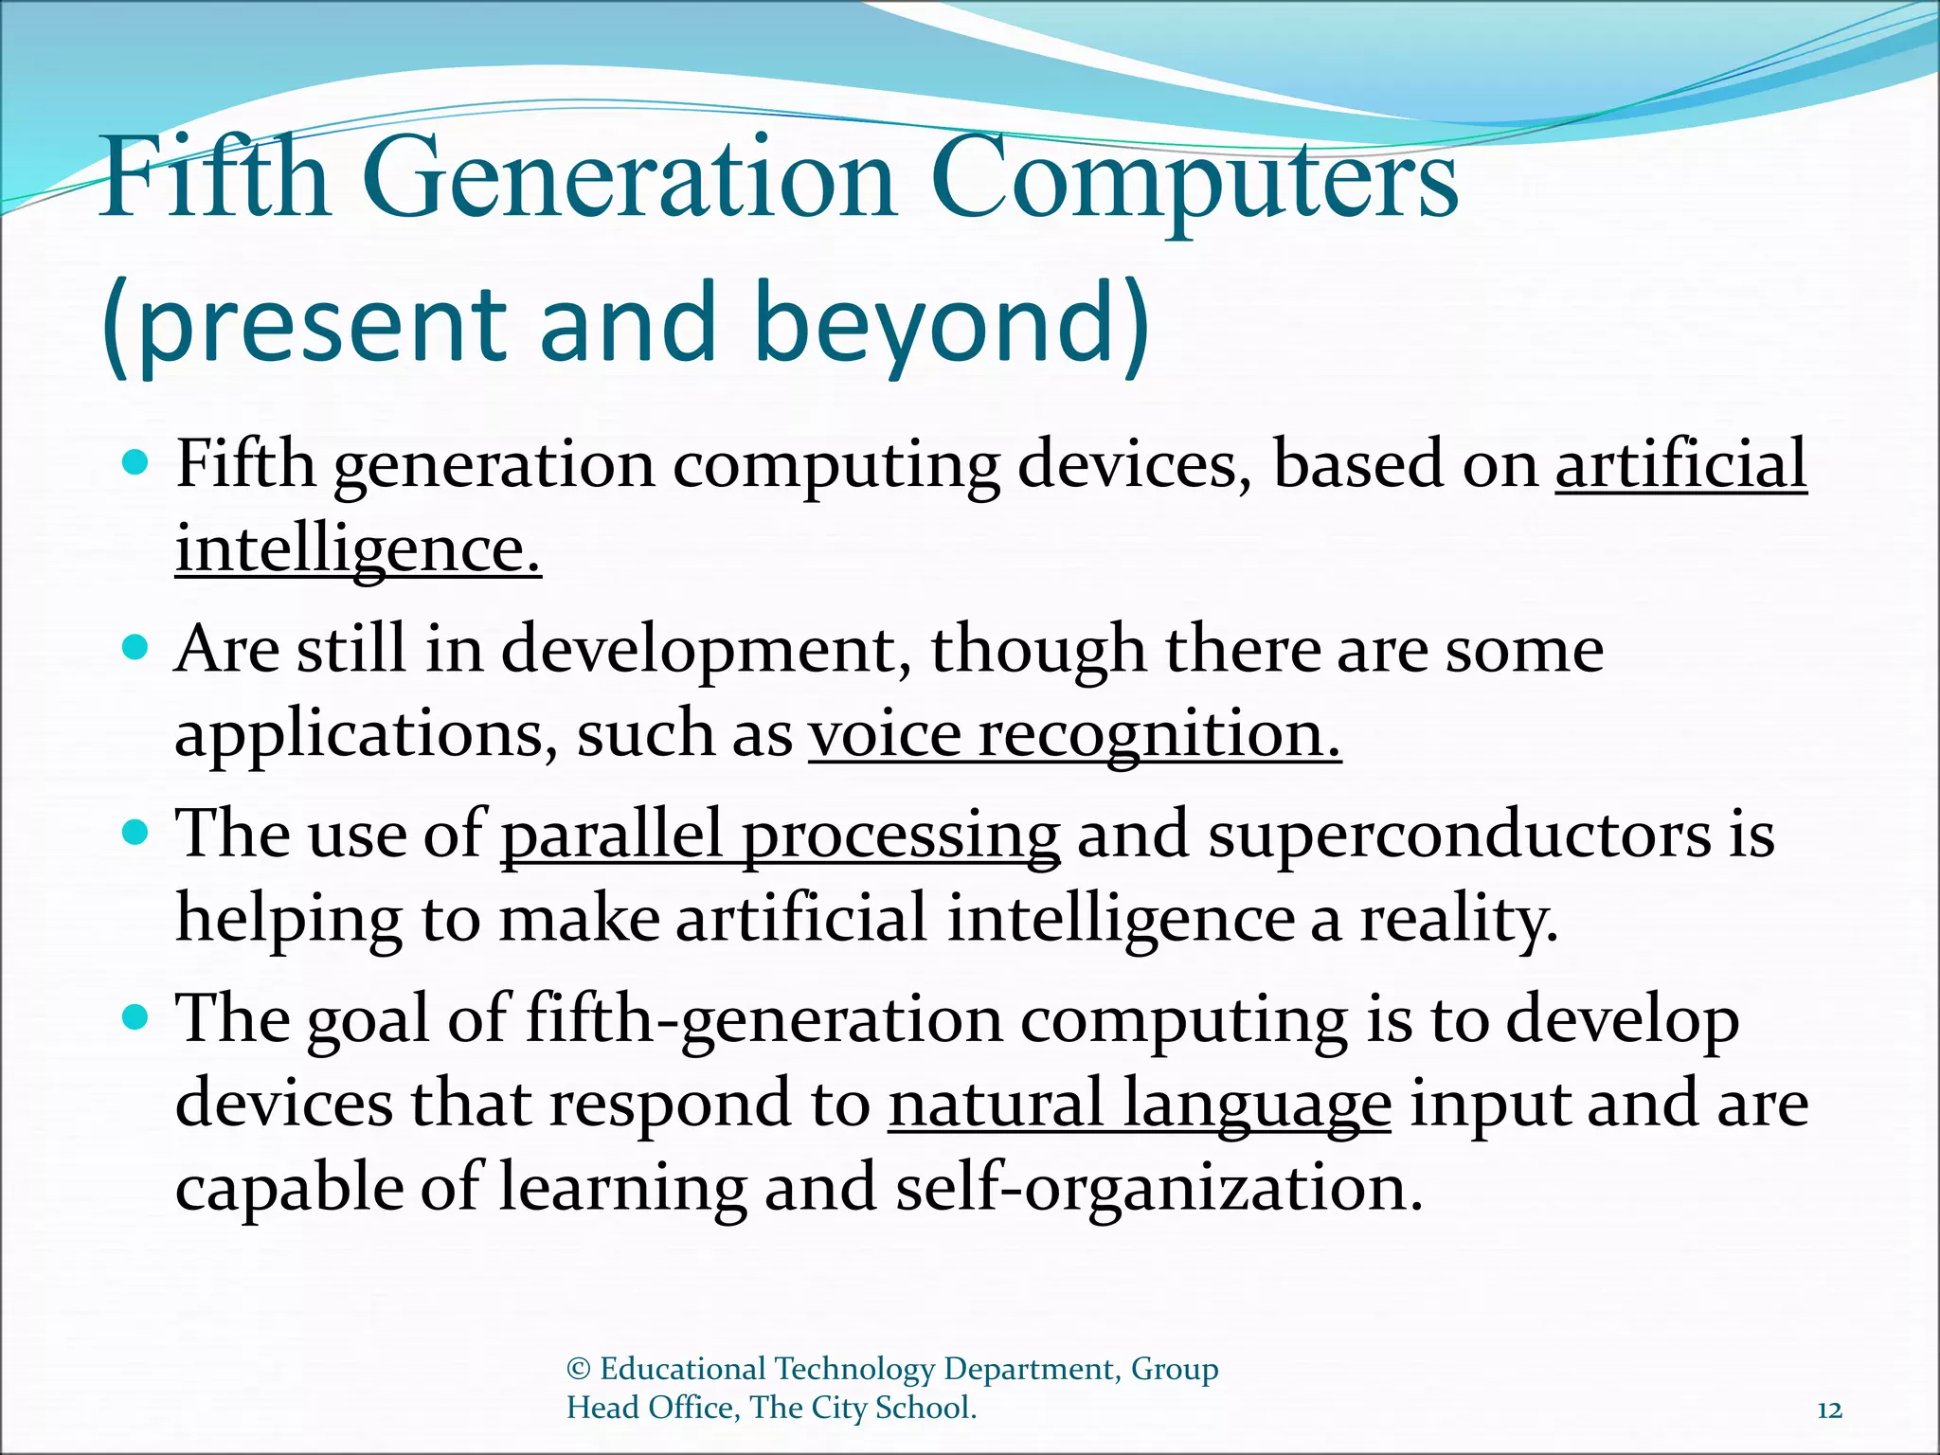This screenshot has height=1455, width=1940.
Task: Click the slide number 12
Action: coord(1829,1410)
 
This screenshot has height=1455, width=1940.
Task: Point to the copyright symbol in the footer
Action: coord(578,1369)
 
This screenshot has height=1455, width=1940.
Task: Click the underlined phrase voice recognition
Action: coord(1074,735)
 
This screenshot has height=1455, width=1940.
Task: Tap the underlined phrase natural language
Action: coord(1140,1105)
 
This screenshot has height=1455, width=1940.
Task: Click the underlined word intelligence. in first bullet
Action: coord(358,549)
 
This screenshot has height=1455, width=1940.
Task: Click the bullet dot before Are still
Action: coord(136,648)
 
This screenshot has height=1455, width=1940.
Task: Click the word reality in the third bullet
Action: coord(1457,920)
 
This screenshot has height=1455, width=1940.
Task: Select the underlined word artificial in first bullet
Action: coord(1680,465)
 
